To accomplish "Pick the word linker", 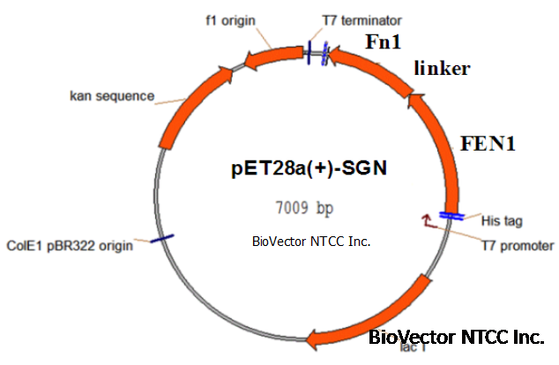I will [x=441, y=69].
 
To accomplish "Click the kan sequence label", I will [x=112, y=94].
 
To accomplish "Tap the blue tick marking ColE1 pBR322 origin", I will [x=160, y=238].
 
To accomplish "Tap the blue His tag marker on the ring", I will [x=451, y=214].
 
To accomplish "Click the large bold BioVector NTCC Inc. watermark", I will [x=455, y=337].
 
